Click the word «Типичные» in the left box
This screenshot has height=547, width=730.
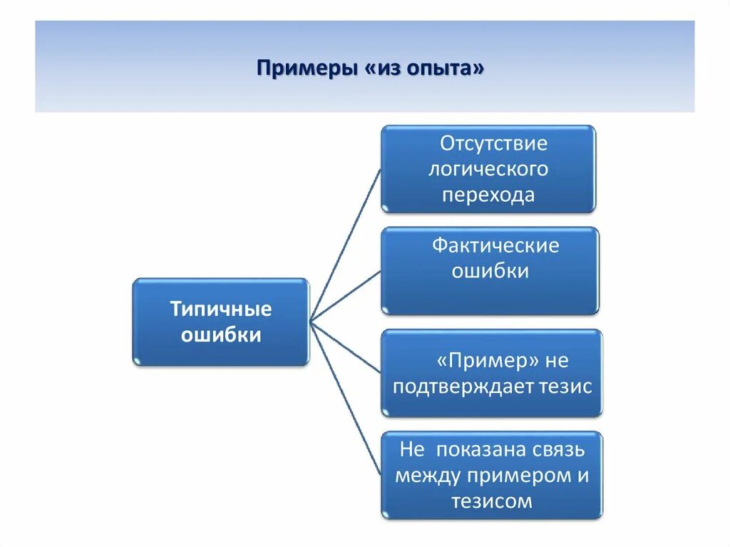click(221, 310)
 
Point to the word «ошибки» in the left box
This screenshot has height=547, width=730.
click(221, 335)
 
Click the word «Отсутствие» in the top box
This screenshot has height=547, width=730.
click(493, 143)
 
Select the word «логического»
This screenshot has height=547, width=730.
click(488, 169)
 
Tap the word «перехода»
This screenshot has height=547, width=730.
click(488, 195)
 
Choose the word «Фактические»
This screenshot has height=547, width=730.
click(495, 246)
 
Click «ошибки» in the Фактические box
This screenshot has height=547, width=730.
click(490, 272)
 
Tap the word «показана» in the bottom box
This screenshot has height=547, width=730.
click(484, 450)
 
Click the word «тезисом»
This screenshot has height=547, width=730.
click(491, 501)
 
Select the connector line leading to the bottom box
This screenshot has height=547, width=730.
click(346, 400)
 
